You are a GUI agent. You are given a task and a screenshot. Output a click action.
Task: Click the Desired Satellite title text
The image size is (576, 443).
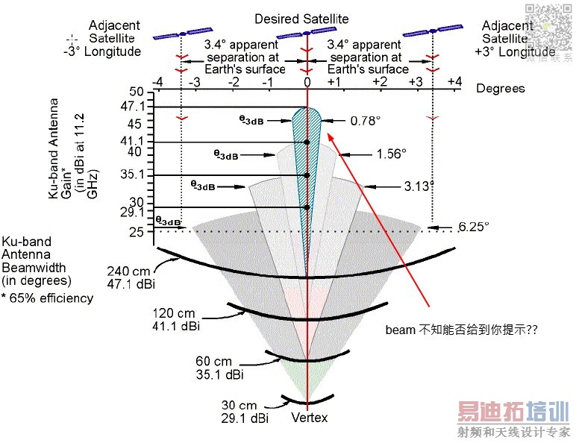click(x=301, y=18)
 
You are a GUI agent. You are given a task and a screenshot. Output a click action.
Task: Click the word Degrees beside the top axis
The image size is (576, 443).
click(x=501, y=89)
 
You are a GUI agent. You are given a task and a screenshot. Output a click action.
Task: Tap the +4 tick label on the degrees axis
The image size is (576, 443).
click(x=454, y=81)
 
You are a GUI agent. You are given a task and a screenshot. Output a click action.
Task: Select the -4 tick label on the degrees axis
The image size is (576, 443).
click(x=157, y=81)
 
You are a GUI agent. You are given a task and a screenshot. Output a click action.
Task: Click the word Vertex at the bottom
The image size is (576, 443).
click(x=309, y=418)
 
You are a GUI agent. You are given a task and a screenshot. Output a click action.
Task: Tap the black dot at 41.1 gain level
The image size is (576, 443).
click(x=307, y=142)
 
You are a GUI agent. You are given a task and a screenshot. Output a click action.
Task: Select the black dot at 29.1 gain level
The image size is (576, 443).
click(x=307, y=207)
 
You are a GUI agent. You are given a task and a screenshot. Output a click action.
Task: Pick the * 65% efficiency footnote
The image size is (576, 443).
click(x=47, y=298)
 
